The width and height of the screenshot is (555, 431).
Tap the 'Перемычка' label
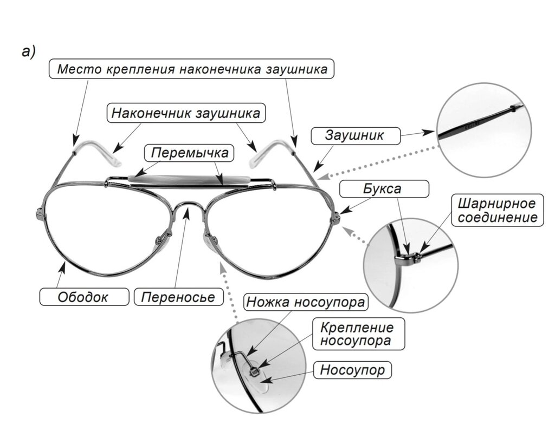click(x=190, y=153)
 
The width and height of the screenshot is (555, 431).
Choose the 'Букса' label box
click(x=384, y=190)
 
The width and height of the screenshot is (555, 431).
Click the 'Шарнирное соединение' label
click(x=498, y=211)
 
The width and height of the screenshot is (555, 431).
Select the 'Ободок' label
click(x=83, y=297)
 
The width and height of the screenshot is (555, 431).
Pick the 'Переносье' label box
click(x=178, y=297)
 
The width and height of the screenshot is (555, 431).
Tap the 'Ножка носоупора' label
click(x=306, y=302)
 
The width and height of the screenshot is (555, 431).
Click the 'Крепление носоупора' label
click(x=356, y=334)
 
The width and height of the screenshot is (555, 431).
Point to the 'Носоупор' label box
click(x=352, y=370)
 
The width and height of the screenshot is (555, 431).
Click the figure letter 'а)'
click(x=28, y=52)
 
